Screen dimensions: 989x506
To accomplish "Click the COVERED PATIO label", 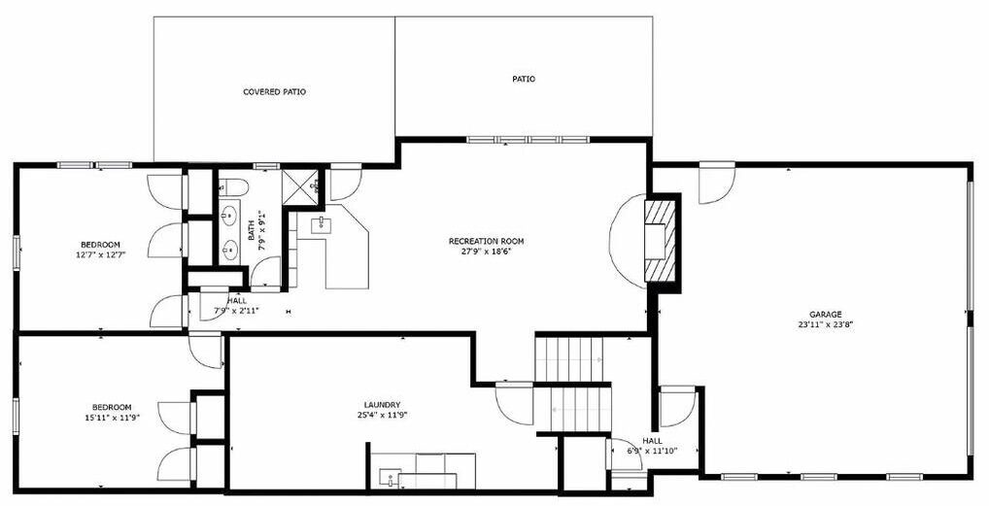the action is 274,92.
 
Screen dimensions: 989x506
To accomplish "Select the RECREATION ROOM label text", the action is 486,241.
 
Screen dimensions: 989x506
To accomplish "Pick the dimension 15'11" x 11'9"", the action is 112,417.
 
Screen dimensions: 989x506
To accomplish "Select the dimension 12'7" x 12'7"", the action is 100,254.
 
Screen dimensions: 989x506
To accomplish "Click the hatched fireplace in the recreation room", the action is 659,241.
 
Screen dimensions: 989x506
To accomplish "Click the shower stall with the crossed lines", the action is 298,186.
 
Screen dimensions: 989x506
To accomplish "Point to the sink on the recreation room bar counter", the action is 321,222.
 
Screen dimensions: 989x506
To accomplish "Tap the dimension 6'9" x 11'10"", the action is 653,451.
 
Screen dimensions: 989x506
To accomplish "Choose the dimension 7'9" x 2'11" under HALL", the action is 236,311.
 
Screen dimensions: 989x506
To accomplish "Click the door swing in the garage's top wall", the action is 717,183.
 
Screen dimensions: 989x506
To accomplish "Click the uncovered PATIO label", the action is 524,80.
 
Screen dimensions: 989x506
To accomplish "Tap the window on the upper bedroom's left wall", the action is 17,253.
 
